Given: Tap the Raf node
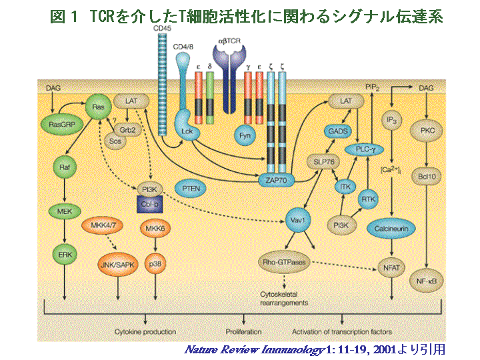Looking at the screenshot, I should tap(65, 169).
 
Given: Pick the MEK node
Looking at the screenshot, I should tap(65, 211).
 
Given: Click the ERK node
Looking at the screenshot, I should tap(65, 254).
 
